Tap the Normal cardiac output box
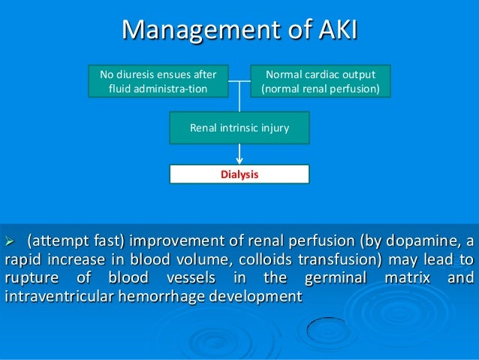321,81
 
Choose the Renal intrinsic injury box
239,129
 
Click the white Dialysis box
239,174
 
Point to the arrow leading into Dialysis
239,153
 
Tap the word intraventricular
59,298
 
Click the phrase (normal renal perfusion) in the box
321,89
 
